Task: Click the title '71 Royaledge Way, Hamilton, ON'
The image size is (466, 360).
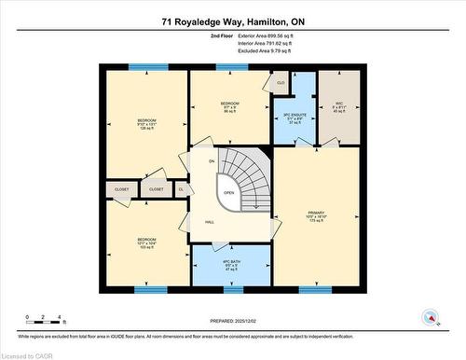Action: click(232, 20)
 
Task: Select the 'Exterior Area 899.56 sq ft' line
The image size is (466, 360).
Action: click(252, 35)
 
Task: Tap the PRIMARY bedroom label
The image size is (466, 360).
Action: click(315, 216)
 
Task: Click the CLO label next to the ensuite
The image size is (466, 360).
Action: click(281, 83)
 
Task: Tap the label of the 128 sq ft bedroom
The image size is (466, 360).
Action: click(146, 125)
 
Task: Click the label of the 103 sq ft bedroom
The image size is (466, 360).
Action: click(146, 243)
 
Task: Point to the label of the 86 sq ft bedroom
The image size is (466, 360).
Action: click(230, 105)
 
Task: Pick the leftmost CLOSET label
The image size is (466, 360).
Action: click(122, 189)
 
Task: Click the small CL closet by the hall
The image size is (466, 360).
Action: click(182, 189)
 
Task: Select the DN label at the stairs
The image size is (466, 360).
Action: click(212, 161)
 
